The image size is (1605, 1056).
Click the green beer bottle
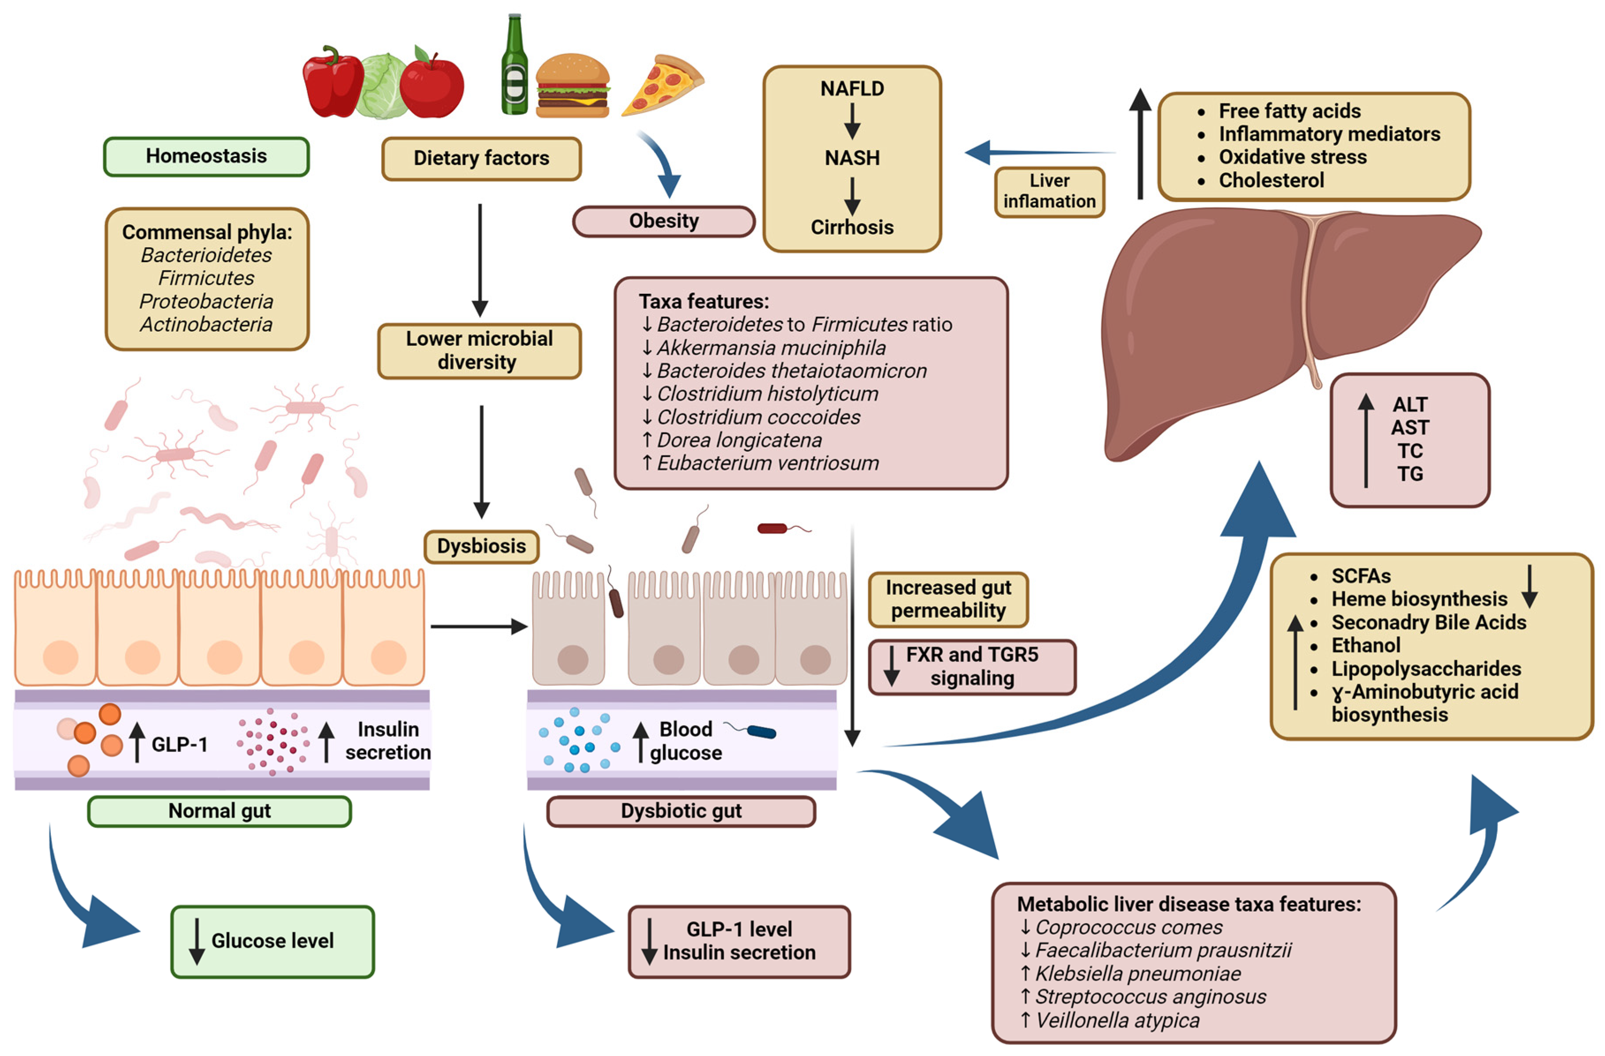pos(515,68)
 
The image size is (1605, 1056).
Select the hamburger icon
pos(572,86)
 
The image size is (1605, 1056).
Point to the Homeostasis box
pos(206,156)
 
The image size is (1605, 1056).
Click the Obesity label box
pos(663,221)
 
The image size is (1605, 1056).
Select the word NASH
pos(852,158)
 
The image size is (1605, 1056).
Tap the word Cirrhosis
pos(852,227)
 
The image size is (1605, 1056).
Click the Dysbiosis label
pos(481,546)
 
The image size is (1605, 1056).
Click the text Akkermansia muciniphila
pos(771,348)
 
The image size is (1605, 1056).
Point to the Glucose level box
pos(273,941)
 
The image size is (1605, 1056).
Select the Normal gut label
pos(219,811)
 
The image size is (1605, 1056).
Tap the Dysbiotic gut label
pos(681,811)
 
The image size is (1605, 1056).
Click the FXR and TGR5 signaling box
pos(971,666)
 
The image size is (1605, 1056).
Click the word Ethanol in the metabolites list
pos(1366,646)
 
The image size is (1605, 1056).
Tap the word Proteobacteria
pos(206,301)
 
